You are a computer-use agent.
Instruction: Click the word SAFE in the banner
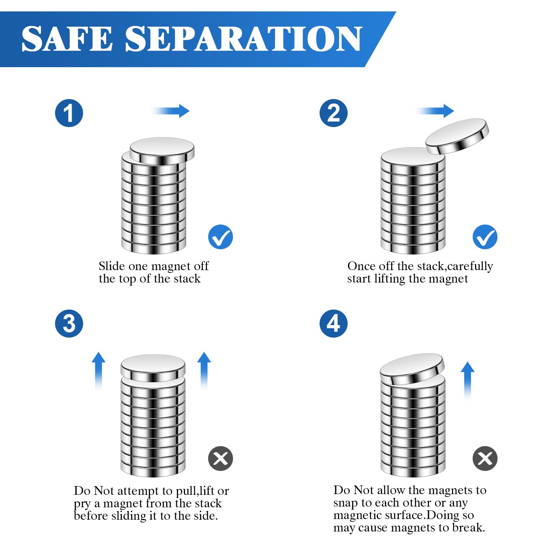coord(67,39)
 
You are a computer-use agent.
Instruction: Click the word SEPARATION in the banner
coord(243,39)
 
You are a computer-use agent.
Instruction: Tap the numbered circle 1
coord(69,113)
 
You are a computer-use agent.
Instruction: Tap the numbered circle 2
coord(333,113)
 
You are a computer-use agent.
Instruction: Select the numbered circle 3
coord(69,323)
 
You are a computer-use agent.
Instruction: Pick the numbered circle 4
coord(333,323)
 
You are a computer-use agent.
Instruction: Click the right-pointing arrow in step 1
coord(170,111)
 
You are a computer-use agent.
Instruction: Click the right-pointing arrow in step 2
coord(435,111)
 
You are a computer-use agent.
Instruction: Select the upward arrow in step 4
coord(467,381)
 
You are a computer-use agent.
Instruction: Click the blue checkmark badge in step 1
coord(221,237)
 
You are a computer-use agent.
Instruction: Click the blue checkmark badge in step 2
coord(485,237)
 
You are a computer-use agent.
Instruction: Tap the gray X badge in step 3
coord(221,458)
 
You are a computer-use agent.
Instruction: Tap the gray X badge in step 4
coord(485,458)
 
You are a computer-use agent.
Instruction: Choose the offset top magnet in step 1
coord(162,151)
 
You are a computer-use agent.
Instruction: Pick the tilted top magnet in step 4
coord(412,369)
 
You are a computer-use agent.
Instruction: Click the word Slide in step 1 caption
coord(112,266)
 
